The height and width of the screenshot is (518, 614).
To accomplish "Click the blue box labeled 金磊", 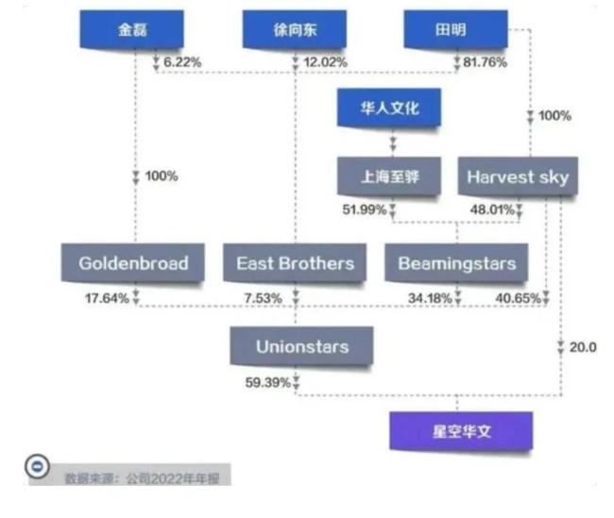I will pyautogui.click(x=133, y=29).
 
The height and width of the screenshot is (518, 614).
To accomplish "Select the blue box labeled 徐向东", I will pyautogui.click(x=295, y=29).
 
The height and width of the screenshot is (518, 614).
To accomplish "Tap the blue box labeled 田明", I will pyautogui.click(x=451, y=29).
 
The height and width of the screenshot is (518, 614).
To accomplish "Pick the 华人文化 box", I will pyautogui.click(x=390, y=109).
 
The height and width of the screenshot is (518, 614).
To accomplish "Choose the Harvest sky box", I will pyautogui.click(x=518, y=176).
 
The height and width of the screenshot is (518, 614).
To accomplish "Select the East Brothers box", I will pyautogui.click(x=295, y=263).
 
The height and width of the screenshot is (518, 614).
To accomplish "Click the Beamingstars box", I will pyautogui.click(x=457, y=263).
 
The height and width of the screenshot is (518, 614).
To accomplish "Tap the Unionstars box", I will pyautogui.click(x=301, y=346).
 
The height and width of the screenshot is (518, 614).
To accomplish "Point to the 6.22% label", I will pyautogui.click(x=182, y=61).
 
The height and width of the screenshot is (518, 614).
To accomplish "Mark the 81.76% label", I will pyautogui.click(x=482, y=61).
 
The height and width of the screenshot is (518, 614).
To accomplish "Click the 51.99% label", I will pyautogui.click(x=362, y=209).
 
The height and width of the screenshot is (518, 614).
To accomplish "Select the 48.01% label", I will pyautogui.click(x=492, y=209).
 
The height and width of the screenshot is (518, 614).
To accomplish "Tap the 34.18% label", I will pyautogui.click(x=430, y=298).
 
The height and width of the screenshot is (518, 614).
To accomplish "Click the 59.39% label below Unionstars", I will pyautogui.click(x=267, y=382).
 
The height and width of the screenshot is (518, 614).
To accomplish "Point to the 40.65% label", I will pyautogui.click(x=518, y=298).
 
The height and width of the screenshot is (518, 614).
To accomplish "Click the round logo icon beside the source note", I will pyautogui.click(x=37, y=469).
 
